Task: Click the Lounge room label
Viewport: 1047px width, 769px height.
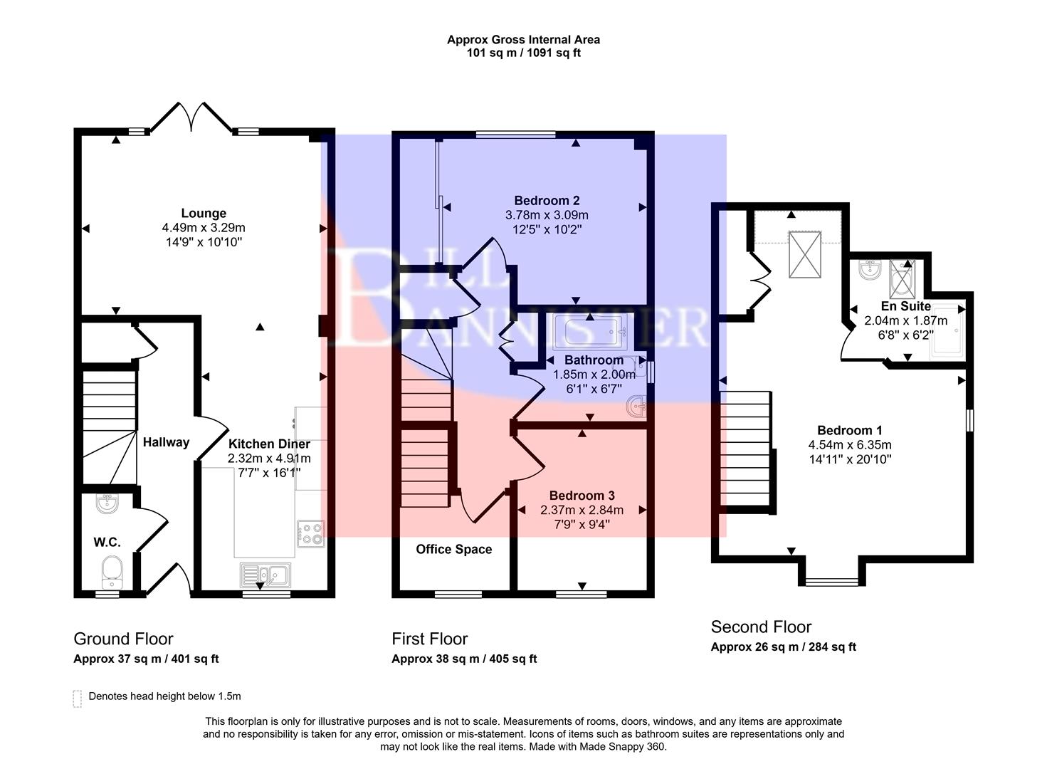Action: tap(204, 213)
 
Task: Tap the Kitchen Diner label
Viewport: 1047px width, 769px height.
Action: tap(269, 444)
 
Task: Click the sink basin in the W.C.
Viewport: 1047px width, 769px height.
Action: tap(107, 504)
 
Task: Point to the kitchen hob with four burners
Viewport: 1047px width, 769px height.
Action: tap(311, 533)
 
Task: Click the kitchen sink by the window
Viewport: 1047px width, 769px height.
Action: tap(265, 574)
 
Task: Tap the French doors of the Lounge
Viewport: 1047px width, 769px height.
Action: tap(191, 117)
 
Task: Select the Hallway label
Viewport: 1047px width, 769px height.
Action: tap(166, 442)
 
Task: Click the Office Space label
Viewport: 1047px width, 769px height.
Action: tap(453, 549)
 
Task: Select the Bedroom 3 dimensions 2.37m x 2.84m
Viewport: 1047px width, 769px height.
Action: tap(582, 510)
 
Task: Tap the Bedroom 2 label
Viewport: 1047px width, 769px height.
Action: tap(542, 200)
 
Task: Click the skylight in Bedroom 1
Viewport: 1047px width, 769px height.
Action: tap(805, 254)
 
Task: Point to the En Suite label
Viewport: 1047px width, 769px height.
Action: tap(905, 306)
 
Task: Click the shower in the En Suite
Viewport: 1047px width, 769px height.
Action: tap(902, 278)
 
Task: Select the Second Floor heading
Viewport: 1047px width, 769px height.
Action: tap(761, 627)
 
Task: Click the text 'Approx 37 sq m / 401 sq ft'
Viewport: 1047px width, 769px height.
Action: tap(146, 659)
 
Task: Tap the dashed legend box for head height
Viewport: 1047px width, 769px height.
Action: tap(77, 698)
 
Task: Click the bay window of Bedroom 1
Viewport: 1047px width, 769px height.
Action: tap(832, 581)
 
